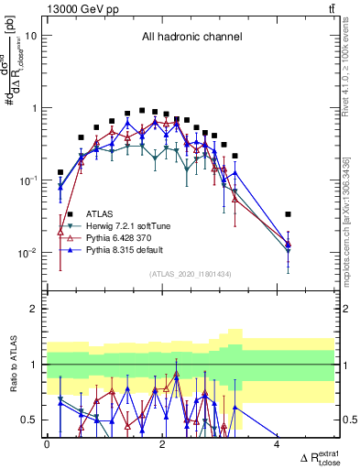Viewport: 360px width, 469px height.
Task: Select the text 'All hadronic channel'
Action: click(x=191, y=38)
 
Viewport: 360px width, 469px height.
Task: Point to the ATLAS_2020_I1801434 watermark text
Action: click(x=191, y=274)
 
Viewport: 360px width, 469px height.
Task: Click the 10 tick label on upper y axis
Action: click(x=31, y=36)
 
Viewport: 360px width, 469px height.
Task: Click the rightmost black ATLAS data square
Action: click(x=289, y=214)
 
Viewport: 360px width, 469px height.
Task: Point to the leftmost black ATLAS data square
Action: click(x=60, y=172)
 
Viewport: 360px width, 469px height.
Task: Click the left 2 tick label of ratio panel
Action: click(x=34, y=309)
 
